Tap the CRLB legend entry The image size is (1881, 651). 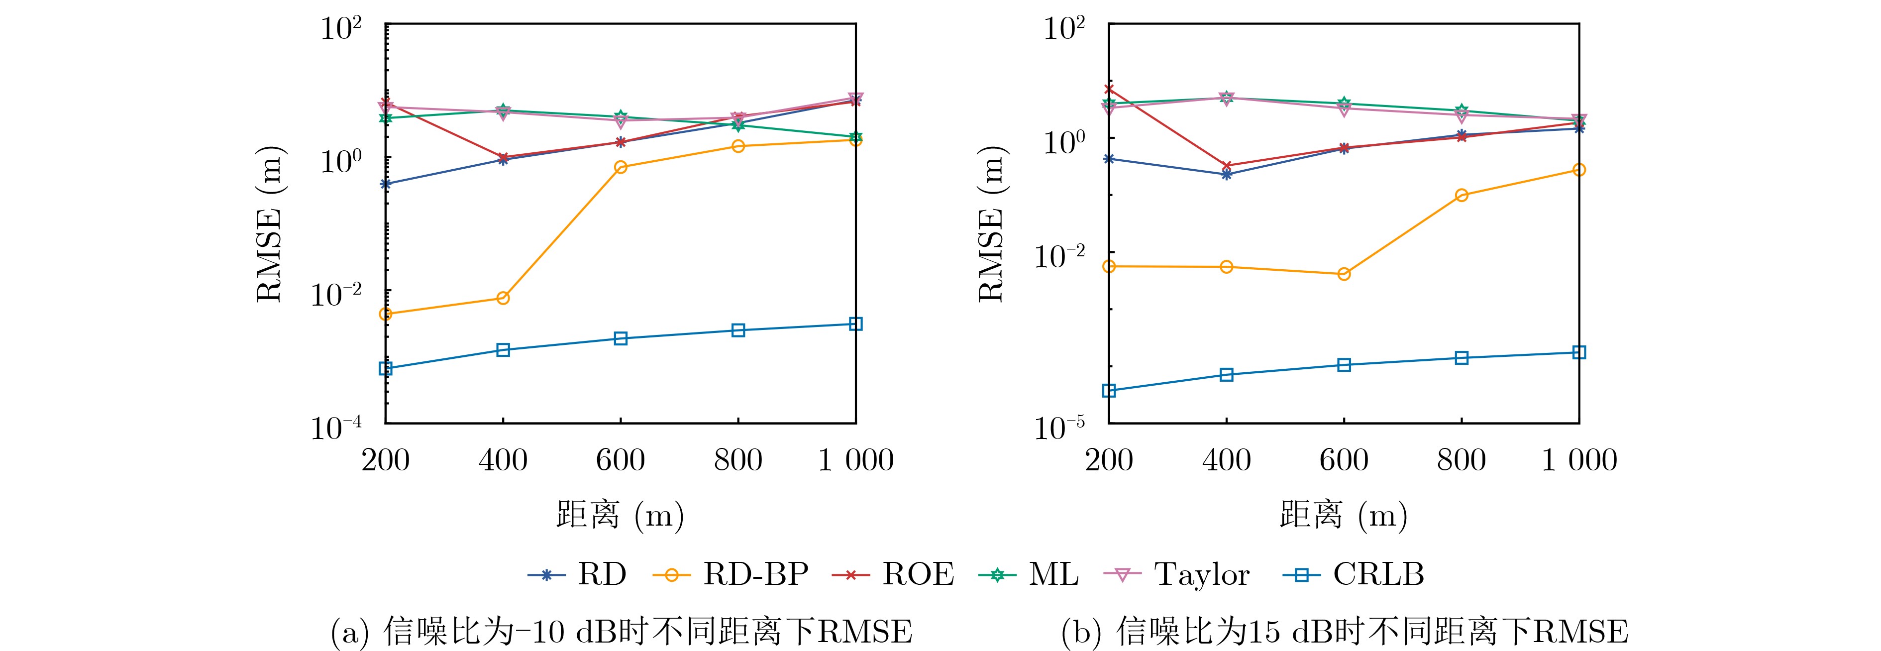point(1353,574)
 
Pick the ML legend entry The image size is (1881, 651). point(1028,574)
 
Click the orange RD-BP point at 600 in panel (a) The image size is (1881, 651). point(621,167)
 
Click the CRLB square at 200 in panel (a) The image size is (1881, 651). point(386,369)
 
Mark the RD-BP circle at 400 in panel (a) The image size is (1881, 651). point(503,298)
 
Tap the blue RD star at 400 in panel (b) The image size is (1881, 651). point(1227,174)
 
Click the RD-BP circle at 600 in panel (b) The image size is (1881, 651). point(1344,274)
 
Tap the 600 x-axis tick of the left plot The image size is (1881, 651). point(621,460)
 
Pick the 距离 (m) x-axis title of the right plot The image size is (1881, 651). point(1344,516)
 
